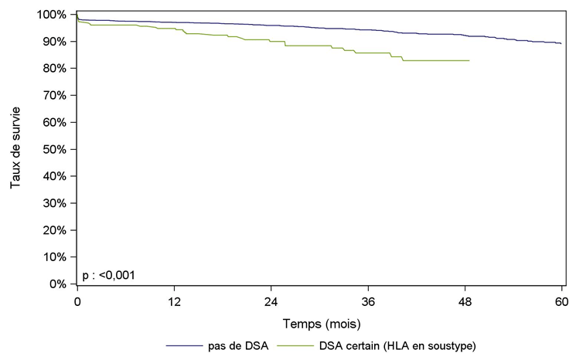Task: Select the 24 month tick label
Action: [271, 301]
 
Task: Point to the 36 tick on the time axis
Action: [368, 301]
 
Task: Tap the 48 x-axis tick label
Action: [465, 301]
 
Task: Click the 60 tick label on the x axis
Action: [561, 301]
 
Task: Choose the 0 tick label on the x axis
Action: [77, 301]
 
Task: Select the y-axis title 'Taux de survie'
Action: [15, 149]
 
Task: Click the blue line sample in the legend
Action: [190, 346]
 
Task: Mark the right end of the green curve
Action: [469, 60]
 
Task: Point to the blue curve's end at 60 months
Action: [561, 44]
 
